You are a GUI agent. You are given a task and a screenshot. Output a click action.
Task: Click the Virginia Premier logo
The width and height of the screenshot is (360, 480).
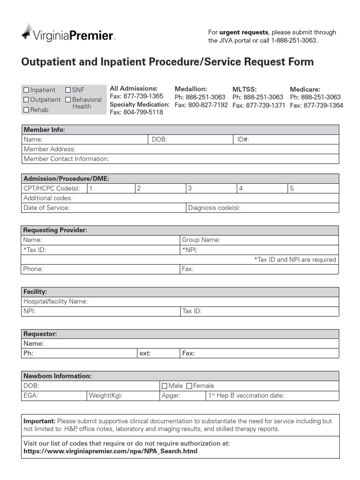[x=67, y=34]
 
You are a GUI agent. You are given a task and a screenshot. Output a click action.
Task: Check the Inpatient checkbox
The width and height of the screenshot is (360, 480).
[x=26, y=90]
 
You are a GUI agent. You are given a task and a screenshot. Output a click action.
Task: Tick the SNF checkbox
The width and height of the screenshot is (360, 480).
[x=68, y=90]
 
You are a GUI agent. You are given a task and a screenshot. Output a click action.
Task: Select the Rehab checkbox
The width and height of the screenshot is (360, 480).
[x=26, y=110]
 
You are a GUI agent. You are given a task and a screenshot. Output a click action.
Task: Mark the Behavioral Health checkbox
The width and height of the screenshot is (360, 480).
[x=68, y=100]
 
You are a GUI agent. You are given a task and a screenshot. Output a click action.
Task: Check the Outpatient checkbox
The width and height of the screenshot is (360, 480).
[x=26, y=100]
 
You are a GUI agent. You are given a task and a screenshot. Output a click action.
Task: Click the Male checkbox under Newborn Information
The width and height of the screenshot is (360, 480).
[x=164, y=386]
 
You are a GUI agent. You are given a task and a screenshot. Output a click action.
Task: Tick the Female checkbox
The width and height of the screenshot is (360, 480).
[x=189, y=386]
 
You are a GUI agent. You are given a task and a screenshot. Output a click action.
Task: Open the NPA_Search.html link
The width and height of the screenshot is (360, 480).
[x=110, y=451]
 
